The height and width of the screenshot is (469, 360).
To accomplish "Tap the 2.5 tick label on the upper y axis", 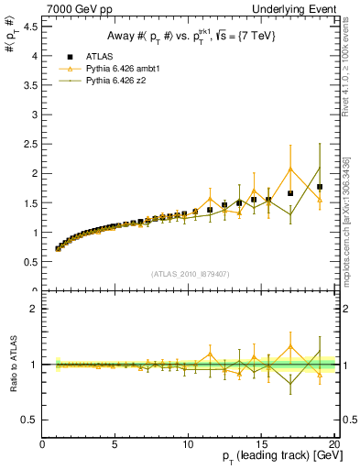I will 29,144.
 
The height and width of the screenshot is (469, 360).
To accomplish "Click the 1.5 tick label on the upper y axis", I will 29,203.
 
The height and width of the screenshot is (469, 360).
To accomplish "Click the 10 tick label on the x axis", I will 188,445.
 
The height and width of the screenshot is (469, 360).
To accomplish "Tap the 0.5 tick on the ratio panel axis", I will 29,420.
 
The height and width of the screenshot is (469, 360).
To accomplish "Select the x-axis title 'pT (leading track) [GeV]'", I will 275,458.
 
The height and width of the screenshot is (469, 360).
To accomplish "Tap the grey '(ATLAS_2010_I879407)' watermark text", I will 190,273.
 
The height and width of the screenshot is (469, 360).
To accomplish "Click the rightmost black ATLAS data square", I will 320,187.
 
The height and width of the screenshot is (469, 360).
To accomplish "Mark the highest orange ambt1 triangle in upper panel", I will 290,169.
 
